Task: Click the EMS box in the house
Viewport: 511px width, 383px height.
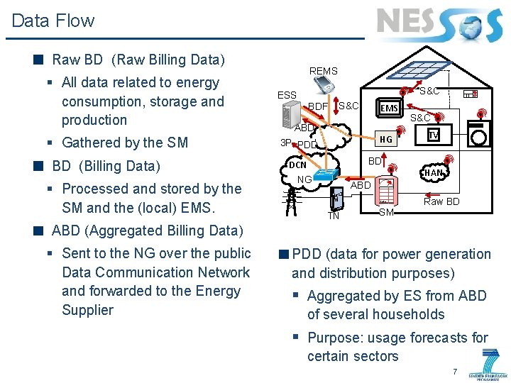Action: coord(389,108)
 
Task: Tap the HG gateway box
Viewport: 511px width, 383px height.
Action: coord(385,139)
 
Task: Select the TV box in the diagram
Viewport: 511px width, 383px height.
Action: coord(433,135)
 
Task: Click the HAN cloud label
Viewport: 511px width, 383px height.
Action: coord(434,173)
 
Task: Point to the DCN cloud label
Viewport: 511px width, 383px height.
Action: coord(297,165)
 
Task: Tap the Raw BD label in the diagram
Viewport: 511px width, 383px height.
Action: coord(441,201)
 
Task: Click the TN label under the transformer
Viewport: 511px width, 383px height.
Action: coord(333,216)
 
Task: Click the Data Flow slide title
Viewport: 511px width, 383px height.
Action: coord(53,21)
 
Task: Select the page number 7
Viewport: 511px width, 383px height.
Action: coord(455,372)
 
